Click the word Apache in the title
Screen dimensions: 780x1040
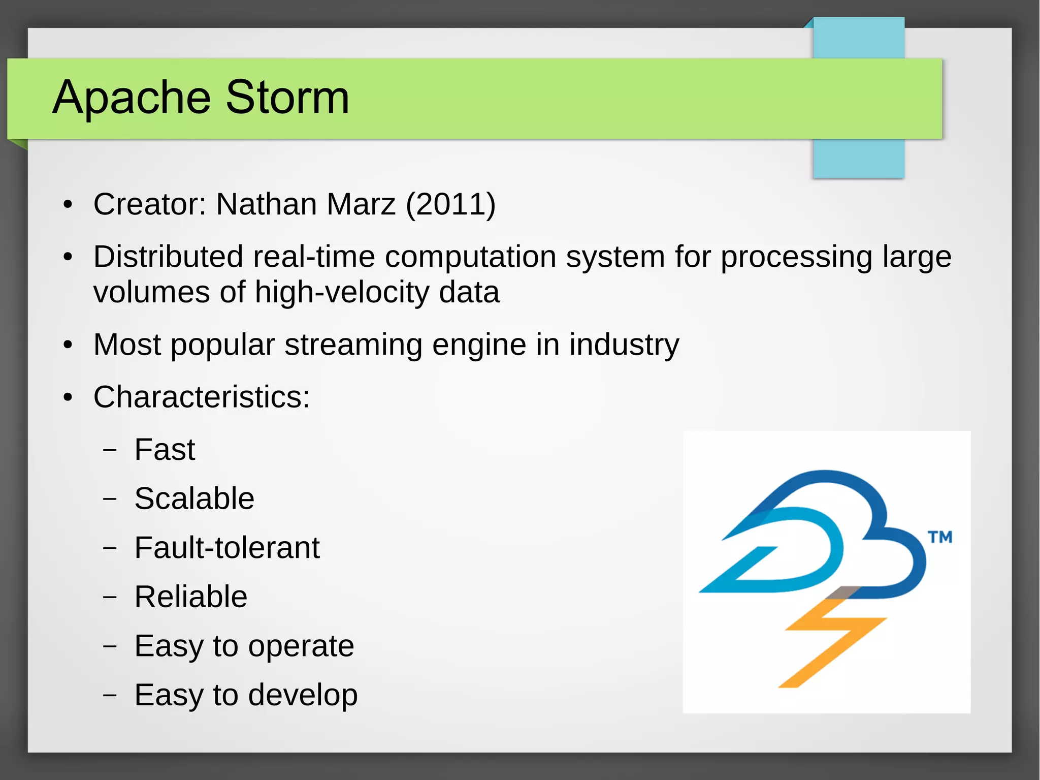pos(131,98)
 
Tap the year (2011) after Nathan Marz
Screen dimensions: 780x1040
pos(450,204)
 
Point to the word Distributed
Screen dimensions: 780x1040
pos(168,256)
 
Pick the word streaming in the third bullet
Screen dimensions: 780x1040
pos(353,345)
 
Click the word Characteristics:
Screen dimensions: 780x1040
pos(201,397)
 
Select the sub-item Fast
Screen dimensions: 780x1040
pos(165,450)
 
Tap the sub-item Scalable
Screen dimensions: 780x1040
pos(194,498)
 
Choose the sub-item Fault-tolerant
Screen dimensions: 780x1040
pos(227,548)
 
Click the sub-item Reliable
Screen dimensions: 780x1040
pos(190,597)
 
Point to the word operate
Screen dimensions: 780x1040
pos(301,646)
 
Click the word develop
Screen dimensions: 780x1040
pos(303,695)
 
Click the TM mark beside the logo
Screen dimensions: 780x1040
pos(940,537)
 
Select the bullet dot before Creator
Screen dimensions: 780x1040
pos(68,205)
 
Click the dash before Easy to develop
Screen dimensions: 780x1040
pos(110,695)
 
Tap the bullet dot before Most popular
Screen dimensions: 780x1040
pos(68,346)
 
